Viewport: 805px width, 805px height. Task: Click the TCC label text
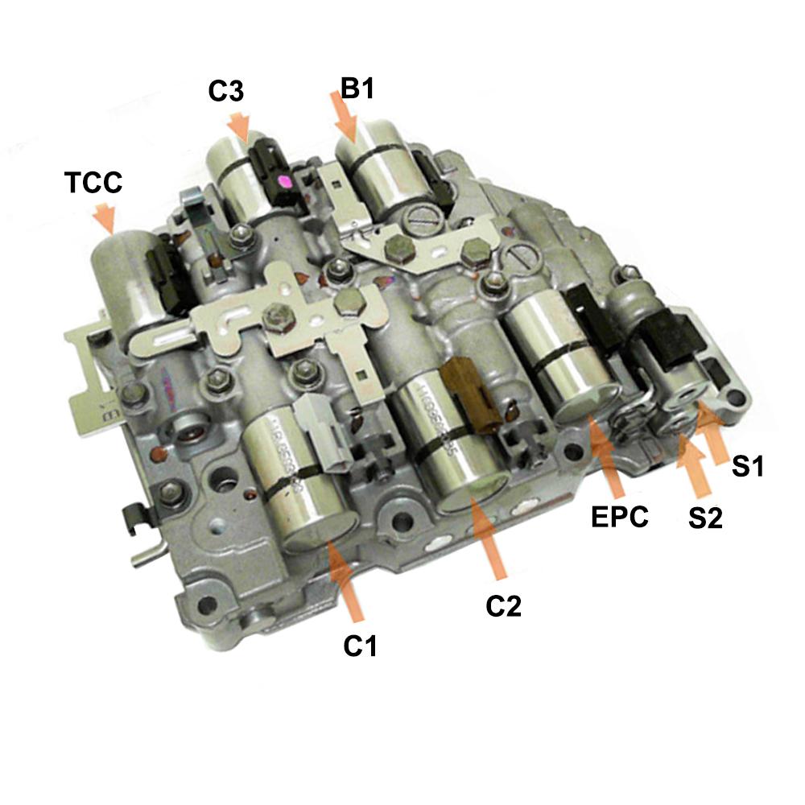pos(93,183)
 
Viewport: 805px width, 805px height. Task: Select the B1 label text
pos(357,89)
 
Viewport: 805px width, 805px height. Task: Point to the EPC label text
pos(619,517)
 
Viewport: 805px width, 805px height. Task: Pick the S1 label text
pos(747,466)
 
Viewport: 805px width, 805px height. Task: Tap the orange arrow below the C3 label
pos(240,126)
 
